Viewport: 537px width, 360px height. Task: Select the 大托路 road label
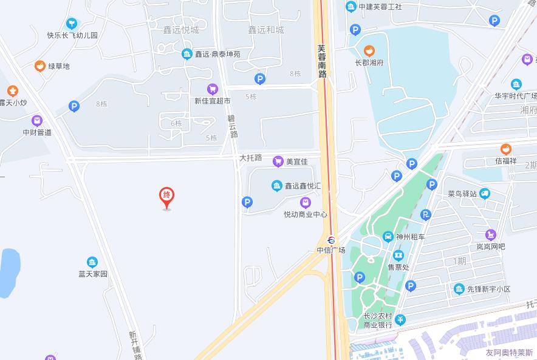[250, 158]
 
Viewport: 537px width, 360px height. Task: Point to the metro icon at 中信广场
[331, 239]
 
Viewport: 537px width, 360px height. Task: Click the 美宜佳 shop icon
[278, 161]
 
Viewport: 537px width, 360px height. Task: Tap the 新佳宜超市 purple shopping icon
[212, 89]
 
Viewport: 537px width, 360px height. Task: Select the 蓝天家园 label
[92, 274]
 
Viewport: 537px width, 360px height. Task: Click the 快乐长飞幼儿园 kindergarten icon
[72, 24]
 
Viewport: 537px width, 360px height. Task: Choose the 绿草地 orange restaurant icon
[40, 66]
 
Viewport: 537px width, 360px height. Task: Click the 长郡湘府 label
[369, 63]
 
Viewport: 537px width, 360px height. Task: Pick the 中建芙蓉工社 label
[380, 7]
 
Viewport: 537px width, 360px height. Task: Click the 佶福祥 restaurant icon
[505, 149]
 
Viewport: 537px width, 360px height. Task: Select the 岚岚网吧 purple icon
[490, 234]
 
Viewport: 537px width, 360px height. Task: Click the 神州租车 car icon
[388, 237]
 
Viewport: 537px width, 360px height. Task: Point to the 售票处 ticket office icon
[398, 256]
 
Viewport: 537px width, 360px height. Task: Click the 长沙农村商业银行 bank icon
[400, 319]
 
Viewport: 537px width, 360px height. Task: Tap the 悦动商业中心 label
[306, 214]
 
